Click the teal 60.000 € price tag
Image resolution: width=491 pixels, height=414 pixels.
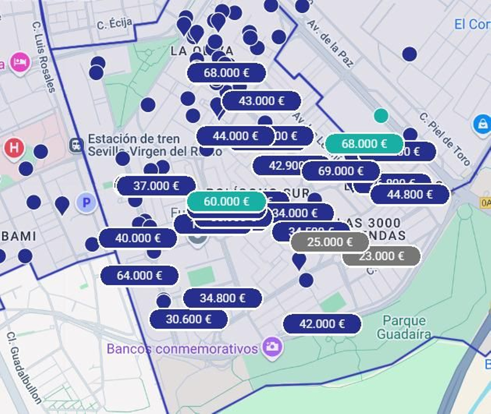pos(226,201)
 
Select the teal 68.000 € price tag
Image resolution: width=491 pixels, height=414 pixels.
pos(364,144)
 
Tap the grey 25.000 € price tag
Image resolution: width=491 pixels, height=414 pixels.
pos(330,242)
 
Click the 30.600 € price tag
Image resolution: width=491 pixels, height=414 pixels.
pos(188,319)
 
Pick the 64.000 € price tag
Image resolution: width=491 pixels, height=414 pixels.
pos(139,275)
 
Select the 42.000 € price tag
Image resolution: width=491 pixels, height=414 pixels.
pos(322,324)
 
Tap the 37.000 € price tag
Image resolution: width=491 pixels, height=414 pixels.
pos(156,186)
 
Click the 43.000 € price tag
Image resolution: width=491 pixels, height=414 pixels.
pos(261,101)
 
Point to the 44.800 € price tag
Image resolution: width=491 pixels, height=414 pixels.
pos(410,194)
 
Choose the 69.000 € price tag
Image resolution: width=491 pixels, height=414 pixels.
pos(341,171)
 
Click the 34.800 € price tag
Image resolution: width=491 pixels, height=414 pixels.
pos(222,298)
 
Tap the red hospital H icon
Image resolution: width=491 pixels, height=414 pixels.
pos(14,147)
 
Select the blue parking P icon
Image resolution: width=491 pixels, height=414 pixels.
pos(87,203)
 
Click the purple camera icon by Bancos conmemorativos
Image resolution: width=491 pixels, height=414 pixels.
pos(272,347)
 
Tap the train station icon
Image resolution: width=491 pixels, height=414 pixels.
pos(76,145)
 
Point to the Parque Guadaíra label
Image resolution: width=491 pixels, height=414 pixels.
pos(404,327)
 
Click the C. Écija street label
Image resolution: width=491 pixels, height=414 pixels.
pos(114,24)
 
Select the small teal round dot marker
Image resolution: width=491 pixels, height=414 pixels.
pos(381,116)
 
